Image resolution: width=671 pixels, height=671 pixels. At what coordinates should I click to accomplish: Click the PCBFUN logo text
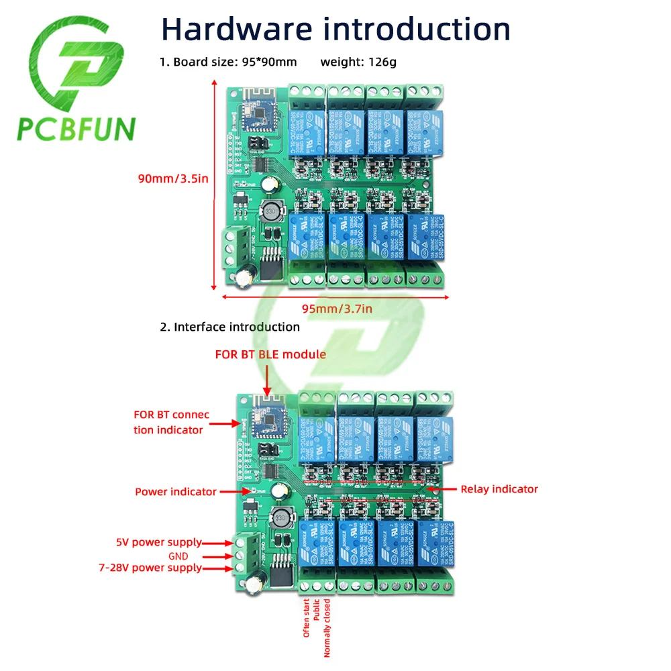tap(76, 129)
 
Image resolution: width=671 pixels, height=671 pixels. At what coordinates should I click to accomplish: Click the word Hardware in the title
tap(236, 29)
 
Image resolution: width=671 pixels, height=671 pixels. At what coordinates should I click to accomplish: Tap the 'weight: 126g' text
tap(358, 62)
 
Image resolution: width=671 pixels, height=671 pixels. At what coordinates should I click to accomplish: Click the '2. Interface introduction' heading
tap(229, 327)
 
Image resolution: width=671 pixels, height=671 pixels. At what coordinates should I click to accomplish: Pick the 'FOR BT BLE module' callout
tap(270, 354)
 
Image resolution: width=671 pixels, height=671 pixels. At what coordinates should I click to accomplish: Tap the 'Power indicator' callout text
tap(176, 492)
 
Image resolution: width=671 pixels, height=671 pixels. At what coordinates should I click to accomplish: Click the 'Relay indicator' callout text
tap(499, 489)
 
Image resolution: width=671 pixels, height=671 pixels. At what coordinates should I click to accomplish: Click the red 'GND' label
tap(178, 556)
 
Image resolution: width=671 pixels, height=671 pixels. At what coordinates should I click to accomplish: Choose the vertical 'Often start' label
tap(307, 618)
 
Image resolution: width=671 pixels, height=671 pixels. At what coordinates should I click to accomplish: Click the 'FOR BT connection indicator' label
tap(171, 422)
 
